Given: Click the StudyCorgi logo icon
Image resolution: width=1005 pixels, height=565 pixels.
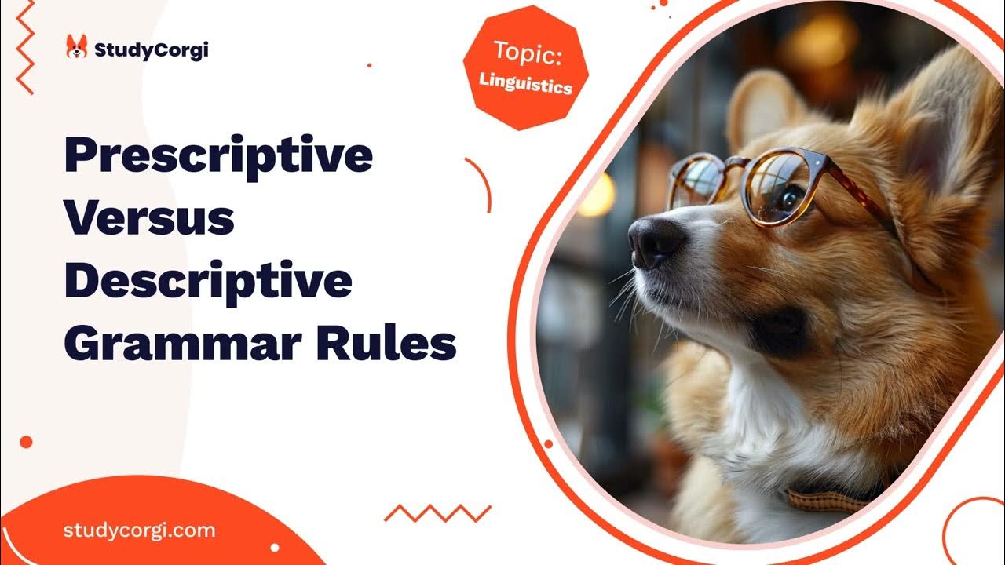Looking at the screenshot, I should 76,48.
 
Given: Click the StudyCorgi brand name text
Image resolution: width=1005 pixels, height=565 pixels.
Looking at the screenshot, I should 151,51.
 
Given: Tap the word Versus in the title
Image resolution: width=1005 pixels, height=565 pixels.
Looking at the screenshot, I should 149,220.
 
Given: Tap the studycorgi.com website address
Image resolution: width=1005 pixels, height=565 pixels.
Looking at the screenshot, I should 139,530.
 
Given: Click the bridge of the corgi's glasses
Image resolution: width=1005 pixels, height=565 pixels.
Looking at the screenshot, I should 736,162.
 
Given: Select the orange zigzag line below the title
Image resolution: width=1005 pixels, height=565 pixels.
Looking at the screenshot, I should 437,513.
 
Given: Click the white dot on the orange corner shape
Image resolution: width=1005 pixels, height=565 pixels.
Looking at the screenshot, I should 274,547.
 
